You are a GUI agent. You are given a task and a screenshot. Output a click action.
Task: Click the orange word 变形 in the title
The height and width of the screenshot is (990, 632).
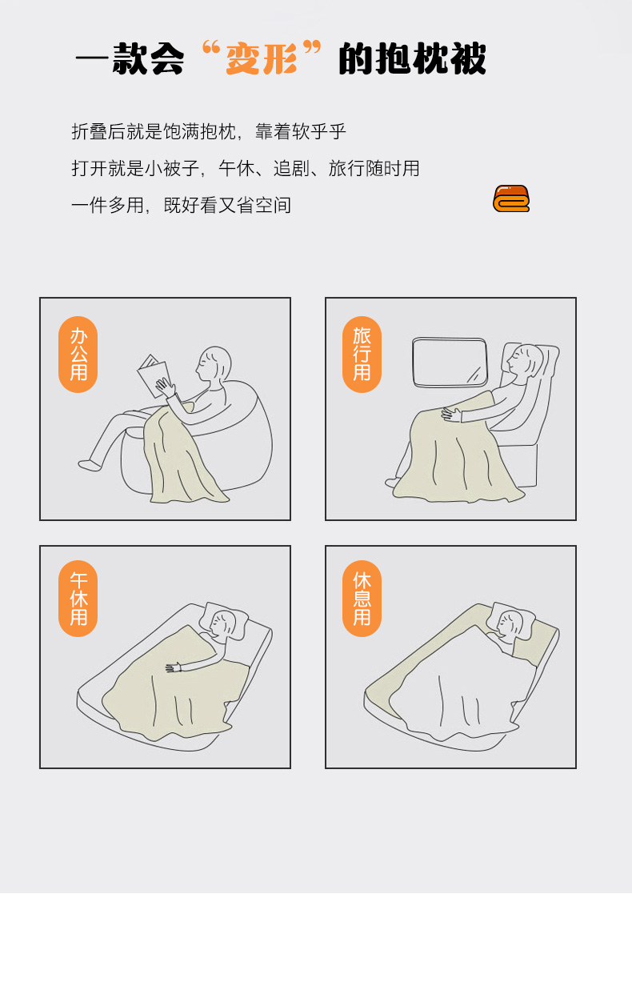coord(262,58)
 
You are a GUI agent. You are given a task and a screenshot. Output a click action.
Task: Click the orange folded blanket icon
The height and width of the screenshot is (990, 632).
coord(511,198)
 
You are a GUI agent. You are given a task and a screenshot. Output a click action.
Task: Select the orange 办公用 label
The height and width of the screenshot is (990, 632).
coord(78,354)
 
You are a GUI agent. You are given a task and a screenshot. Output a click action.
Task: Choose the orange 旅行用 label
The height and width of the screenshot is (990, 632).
coord(362,354)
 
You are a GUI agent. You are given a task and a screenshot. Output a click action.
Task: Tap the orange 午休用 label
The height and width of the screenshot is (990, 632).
coord(78,599)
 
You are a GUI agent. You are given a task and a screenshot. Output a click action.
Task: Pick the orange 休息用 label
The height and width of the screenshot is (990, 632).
coord(362,599)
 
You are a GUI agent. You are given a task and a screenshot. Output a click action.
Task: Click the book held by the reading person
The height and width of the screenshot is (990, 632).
coord(154,375)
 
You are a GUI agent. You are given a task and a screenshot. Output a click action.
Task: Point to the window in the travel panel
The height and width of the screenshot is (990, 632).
coord(450,363)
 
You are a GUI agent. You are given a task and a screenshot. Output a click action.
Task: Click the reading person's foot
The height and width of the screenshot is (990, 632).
coord(90,465)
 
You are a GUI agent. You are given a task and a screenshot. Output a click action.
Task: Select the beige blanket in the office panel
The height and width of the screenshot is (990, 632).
coord(181,458)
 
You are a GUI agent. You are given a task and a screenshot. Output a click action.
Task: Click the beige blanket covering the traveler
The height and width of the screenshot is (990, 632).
coord(455,453)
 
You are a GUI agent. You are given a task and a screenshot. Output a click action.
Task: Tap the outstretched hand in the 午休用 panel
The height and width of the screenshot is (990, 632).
coord(174,667)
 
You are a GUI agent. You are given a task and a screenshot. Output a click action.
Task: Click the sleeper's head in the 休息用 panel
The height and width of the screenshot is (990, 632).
coord(511,623)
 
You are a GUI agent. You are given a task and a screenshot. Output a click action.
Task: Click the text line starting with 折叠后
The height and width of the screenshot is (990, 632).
coord(209,132)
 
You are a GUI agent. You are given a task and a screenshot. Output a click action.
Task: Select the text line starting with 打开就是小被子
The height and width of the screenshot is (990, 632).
coord(246,168)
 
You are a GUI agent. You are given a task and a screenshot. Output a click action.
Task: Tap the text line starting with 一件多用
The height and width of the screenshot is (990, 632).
coord(181,205)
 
